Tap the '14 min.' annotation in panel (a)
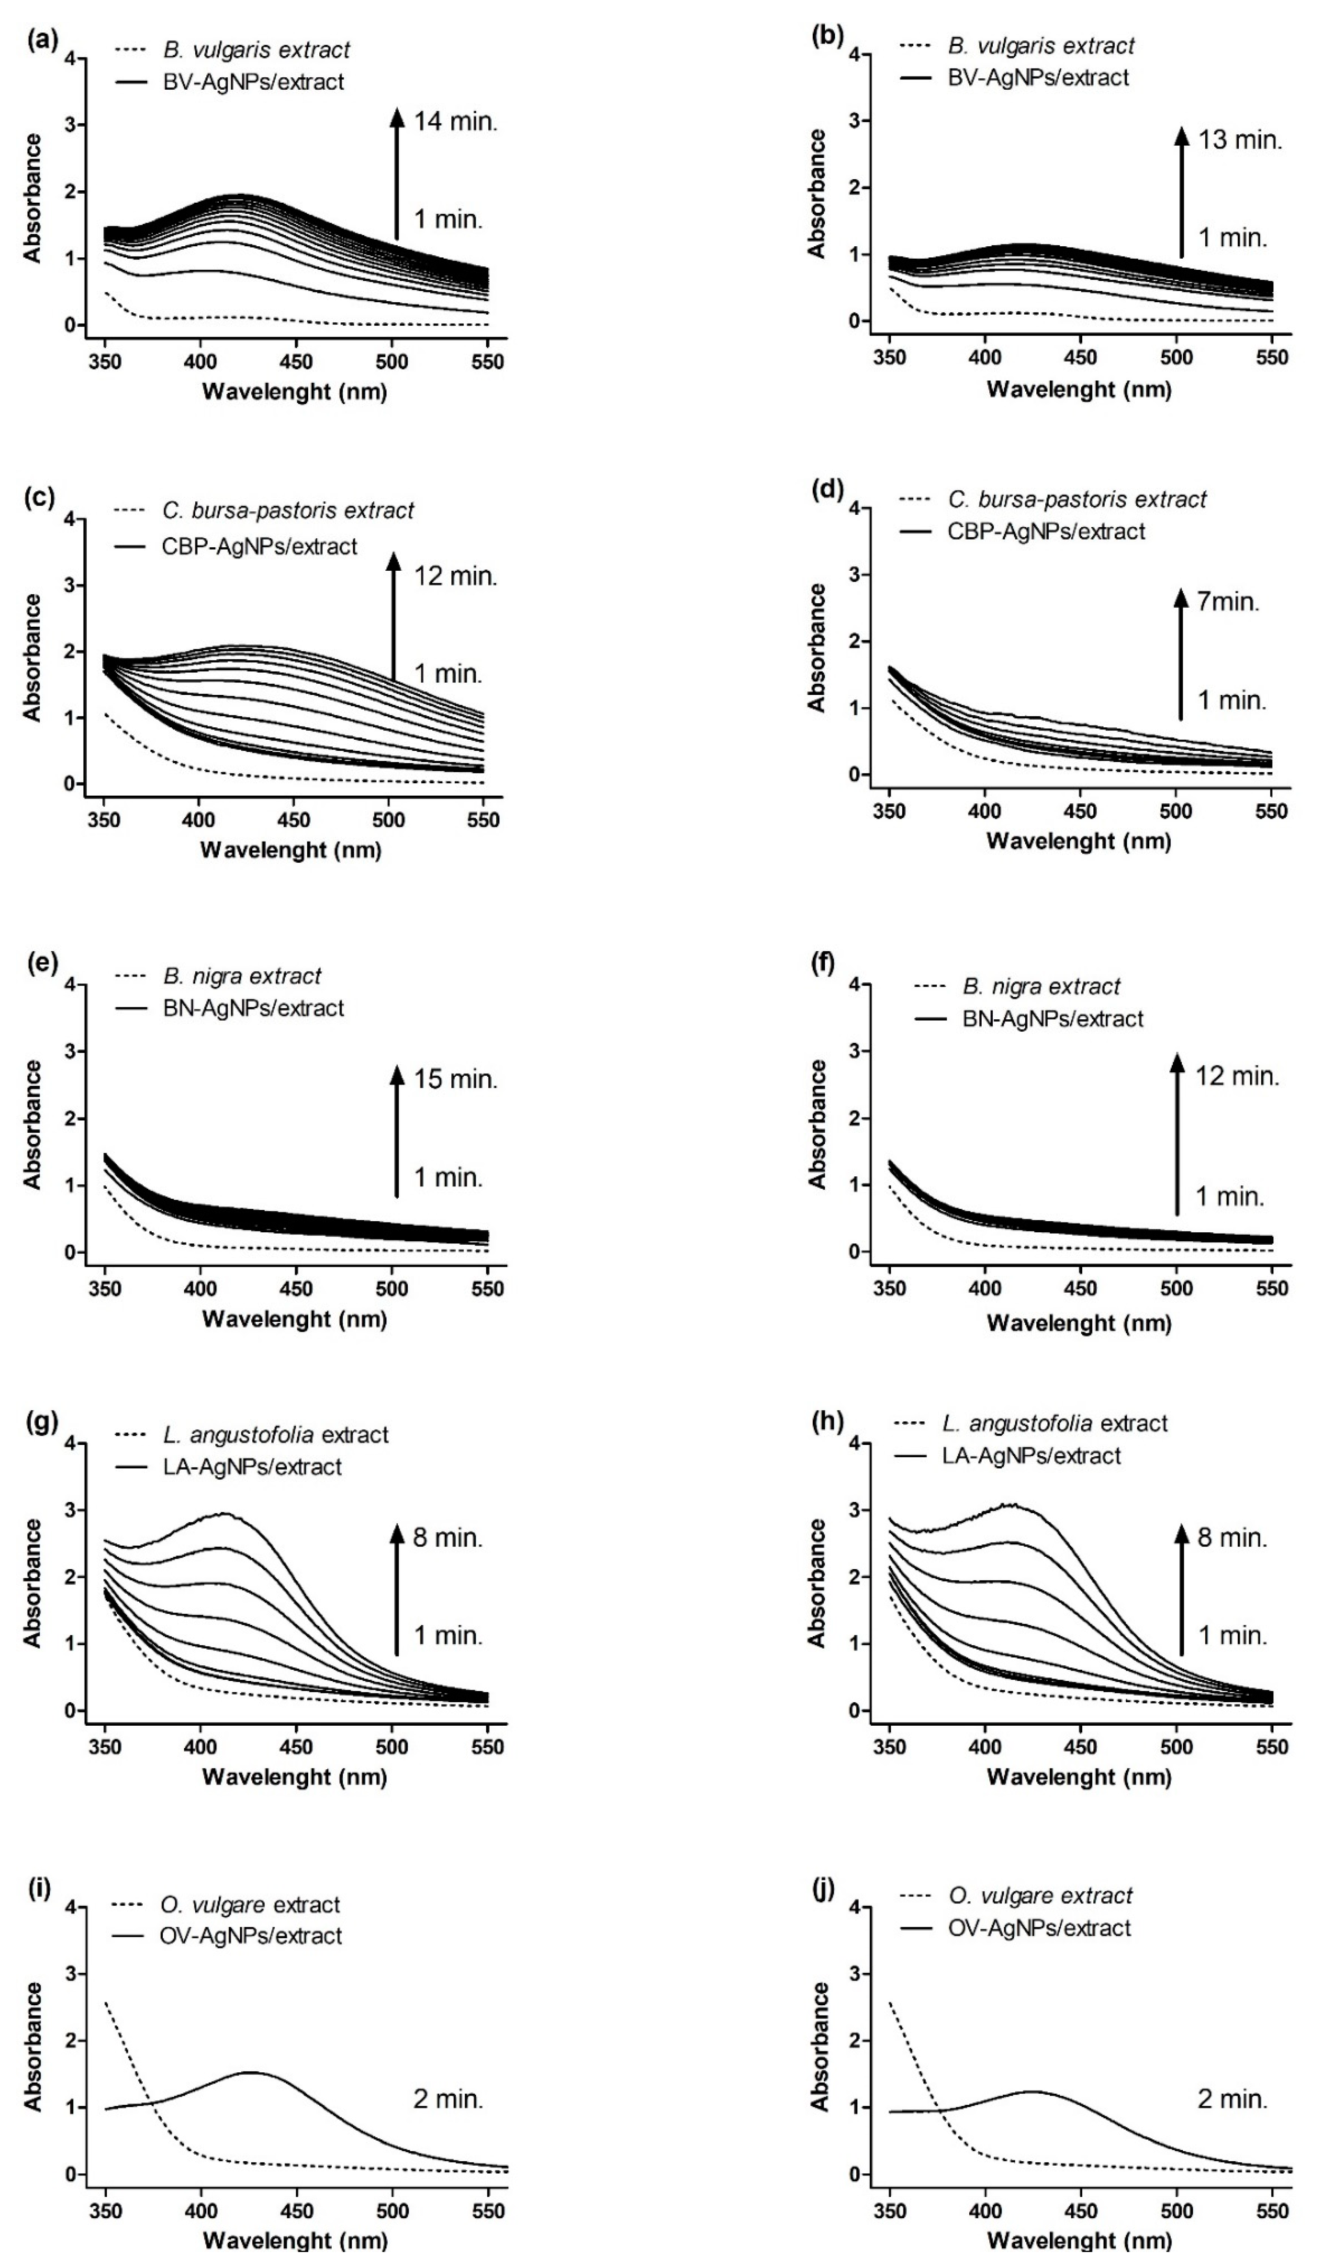(455, 121)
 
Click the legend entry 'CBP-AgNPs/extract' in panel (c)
(259, 546)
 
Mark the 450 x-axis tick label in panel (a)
(296, 362)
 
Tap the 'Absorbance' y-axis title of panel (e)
(33, 1124)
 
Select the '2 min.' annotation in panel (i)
(448, 2099)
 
